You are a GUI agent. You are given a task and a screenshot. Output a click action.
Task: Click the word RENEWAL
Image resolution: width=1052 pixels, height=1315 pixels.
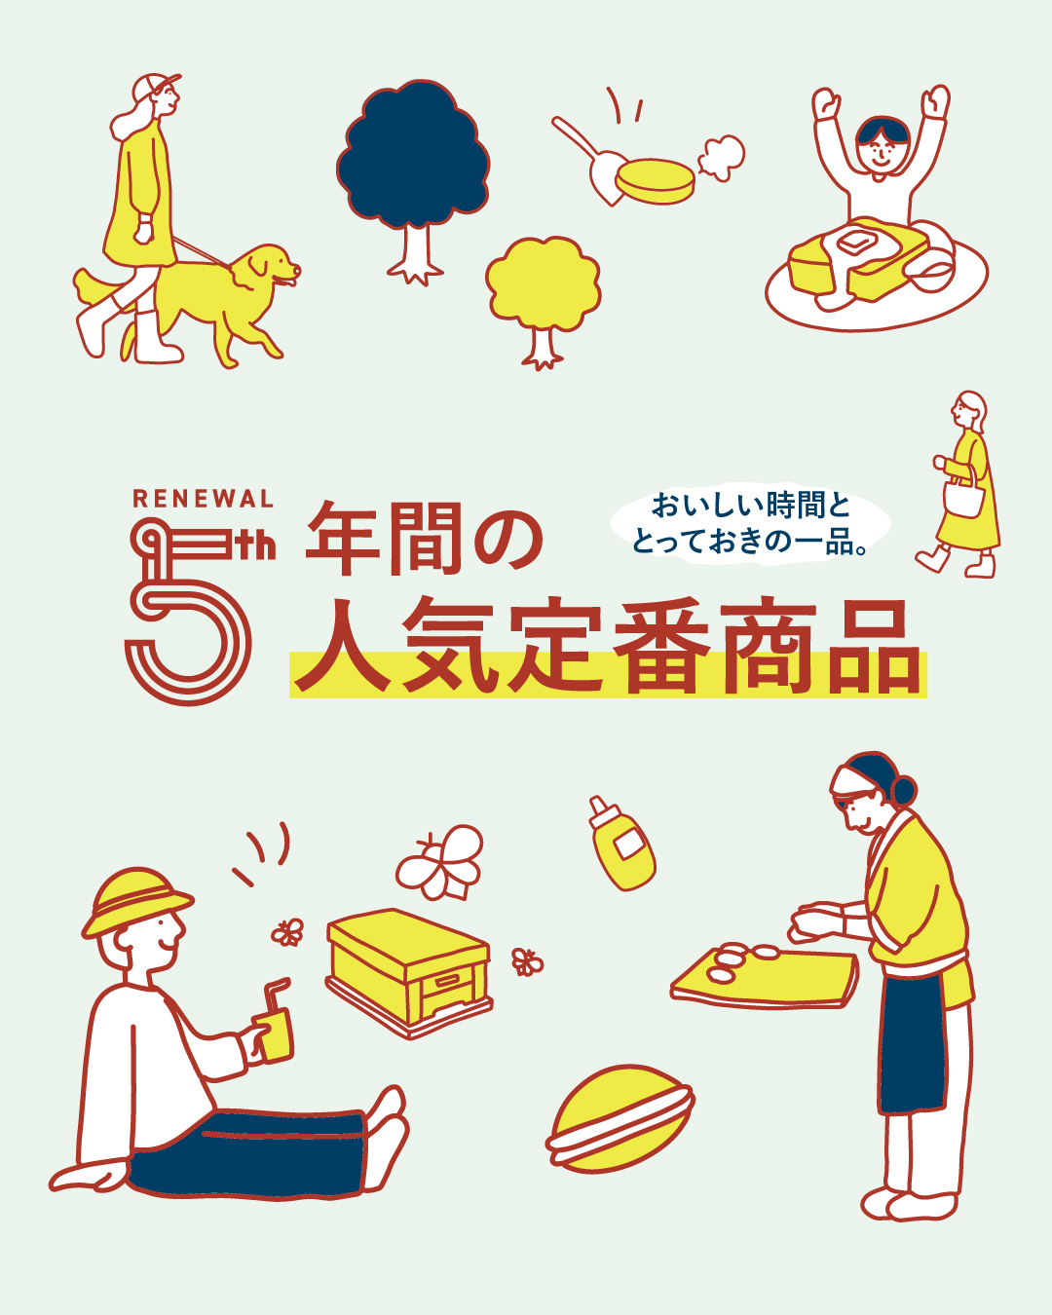203,498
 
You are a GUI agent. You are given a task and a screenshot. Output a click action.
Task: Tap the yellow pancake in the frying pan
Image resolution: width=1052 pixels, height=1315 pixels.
655,181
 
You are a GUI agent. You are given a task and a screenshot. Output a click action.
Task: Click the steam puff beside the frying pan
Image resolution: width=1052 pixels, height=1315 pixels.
721,158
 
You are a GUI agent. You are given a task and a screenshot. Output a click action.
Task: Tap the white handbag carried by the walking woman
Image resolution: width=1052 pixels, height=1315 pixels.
964,497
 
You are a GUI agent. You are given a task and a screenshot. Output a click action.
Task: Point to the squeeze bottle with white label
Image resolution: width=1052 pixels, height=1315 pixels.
621,843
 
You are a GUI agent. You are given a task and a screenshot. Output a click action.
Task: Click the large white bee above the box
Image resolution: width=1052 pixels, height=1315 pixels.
440,862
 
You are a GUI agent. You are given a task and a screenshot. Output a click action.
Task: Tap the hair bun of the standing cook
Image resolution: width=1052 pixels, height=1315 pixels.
903,790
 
